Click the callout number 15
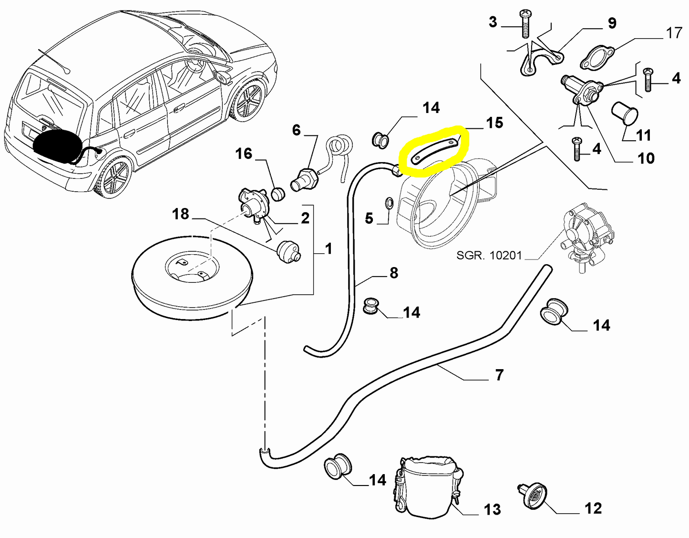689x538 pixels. click(494, 123)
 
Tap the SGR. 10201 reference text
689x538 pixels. click(489, 255)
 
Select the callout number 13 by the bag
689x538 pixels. click(492, 510)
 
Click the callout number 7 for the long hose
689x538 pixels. click(499, 375)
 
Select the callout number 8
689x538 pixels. click(393, 273)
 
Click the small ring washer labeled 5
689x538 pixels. click(389, 204)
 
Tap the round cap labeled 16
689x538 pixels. click(277, 194)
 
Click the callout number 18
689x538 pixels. click(181, 214)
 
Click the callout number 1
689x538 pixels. click(328, 248)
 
